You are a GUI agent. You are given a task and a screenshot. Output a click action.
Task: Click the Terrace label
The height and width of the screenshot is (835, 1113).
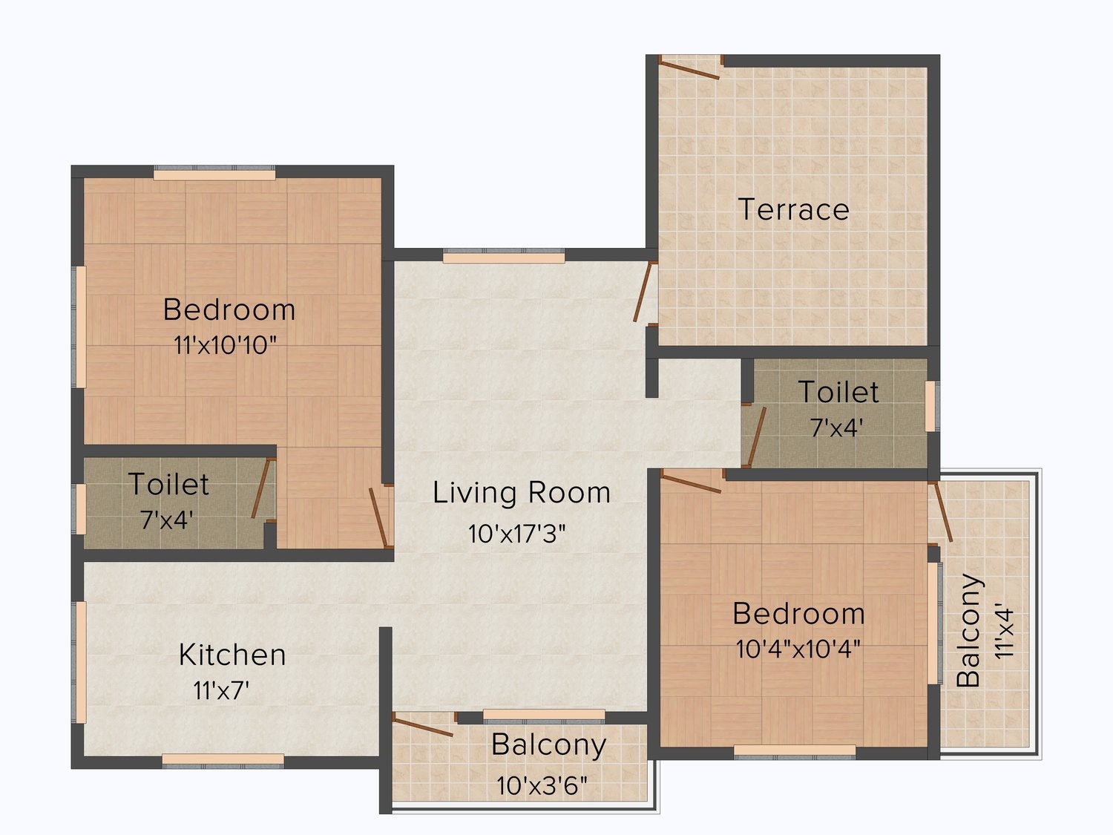(x=793, y=209)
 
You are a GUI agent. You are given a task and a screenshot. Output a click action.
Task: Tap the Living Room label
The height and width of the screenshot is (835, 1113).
(x=522, y=493)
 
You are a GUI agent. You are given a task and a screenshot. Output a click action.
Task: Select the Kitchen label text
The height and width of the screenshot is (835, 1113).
(x=232, y=655)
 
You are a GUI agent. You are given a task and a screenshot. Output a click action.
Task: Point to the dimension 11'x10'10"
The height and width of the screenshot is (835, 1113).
(x=226, y=346)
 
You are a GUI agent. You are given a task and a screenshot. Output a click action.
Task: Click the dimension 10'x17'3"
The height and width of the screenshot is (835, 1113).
(x=516, y=534)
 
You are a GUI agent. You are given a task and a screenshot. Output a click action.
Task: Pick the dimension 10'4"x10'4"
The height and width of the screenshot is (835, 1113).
(x=798, y=649)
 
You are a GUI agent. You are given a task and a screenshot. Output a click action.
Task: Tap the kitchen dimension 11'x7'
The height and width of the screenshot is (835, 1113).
(x=221, y=690)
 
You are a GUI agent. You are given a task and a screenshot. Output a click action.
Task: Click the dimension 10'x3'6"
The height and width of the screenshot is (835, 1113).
(x=542, y=786)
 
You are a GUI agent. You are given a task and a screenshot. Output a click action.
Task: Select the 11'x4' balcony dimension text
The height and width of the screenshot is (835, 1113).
(x=1005, y=631)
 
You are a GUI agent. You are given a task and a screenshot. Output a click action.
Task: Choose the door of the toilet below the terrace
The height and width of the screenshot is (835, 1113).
(x=757, y=436)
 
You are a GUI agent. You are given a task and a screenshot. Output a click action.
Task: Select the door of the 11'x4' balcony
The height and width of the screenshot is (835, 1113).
(x=943, y=511)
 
